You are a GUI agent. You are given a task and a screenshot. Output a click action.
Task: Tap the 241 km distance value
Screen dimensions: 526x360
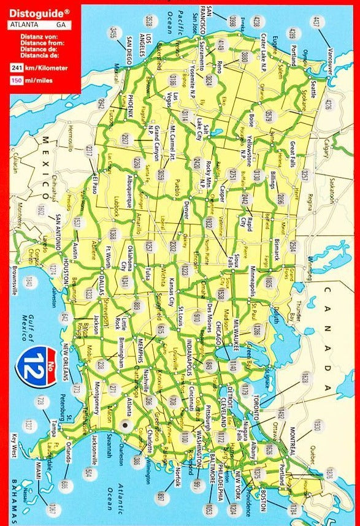(19, 67)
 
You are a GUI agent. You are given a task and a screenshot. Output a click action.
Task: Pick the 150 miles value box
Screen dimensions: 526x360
(19, 81)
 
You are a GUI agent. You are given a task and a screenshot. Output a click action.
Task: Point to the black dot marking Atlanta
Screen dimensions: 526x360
(126, 424)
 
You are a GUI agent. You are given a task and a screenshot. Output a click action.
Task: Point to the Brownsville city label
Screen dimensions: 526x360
(13, 272)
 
